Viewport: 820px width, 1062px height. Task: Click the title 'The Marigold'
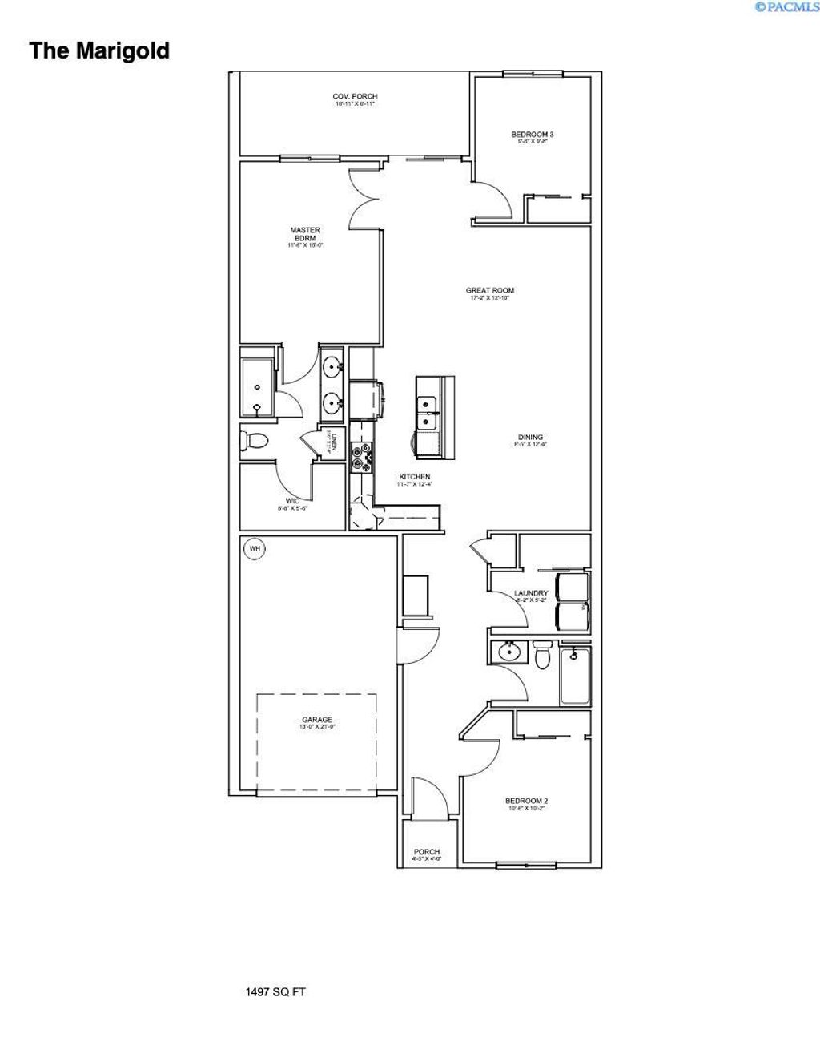tap(99, 51)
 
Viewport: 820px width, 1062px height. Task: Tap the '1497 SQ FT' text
tap(275, 992)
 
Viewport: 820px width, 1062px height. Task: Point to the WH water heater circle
tap(255, 549)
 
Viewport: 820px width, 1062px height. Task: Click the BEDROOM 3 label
tap(532, 135)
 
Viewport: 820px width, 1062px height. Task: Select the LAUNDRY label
tap(531, 594)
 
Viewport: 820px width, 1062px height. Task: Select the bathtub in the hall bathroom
tap(575, 675)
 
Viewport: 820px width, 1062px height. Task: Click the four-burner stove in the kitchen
tap(361, 453)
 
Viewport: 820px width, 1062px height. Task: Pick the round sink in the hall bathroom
tap(508, 652)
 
